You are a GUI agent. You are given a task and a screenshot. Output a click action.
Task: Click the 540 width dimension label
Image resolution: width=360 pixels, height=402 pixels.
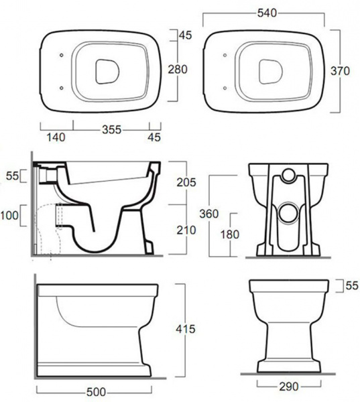(x=267, y=13)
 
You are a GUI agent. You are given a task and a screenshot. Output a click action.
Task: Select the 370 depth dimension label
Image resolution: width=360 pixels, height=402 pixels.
(x=340, y=71)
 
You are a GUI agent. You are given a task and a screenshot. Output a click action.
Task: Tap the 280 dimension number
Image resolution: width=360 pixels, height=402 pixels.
(x=178, y=69)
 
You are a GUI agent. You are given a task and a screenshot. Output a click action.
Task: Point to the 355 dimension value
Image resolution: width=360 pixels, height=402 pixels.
(x=111, y=130)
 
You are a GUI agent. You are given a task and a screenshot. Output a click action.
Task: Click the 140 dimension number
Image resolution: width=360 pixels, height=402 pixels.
(x=56, y=137)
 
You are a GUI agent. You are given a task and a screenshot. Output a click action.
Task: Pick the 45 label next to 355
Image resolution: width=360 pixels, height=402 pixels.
(x=154, y=137)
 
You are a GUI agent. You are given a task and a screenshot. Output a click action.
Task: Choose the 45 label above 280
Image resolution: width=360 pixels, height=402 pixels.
(x=185, y=35)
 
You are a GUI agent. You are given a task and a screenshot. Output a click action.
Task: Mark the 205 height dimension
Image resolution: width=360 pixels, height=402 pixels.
(x=186, y=182)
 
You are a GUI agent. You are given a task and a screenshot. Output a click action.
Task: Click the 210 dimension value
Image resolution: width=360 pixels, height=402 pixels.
(x=186, y=230)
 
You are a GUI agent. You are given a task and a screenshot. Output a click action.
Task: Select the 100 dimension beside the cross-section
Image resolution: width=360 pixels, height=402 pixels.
(x=9, y=215)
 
